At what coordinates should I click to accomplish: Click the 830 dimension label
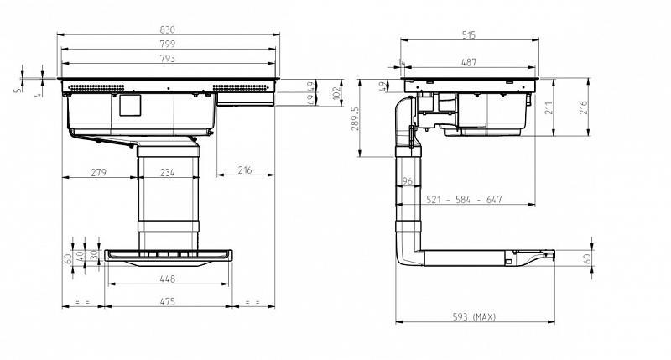(167, 29)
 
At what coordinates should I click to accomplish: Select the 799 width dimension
(167, 44)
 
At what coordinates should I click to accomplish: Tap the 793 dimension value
(167, 58)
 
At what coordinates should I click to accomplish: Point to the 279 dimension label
(98, 172)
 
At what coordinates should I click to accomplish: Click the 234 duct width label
(167, 172)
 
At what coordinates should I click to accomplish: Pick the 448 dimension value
(167, 279)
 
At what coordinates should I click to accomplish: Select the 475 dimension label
(167, 301)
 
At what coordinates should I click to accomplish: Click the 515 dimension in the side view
(469, 35)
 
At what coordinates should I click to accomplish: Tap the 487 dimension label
(469, 62)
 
